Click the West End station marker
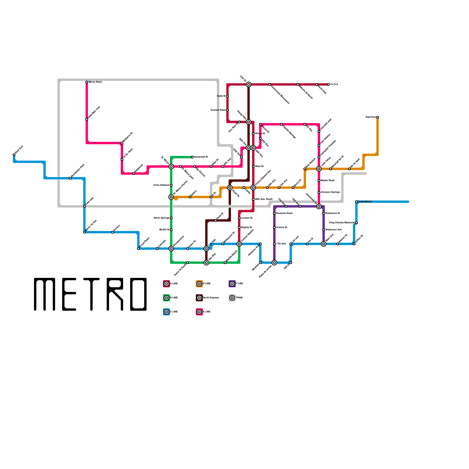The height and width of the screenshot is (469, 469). (14, 155)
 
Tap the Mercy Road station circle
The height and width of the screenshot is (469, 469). (87, 82)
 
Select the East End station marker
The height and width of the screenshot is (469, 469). (378, 117)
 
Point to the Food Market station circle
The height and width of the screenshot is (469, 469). (356, 202)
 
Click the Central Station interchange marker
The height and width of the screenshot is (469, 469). (239, 244)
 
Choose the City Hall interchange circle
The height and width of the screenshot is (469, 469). (206, 249)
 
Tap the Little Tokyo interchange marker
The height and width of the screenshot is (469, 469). (319, 169)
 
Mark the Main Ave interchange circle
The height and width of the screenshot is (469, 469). (324, 244)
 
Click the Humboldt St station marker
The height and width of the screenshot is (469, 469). (192, 157)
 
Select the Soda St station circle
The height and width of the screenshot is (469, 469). (227, 96)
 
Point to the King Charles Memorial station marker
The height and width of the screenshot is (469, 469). (356, 223)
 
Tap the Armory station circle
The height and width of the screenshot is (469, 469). (113, 232)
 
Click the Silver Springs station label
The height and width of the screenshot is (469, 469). (161, 218)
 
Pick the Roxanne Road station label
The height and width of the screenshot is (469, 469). (284, 213)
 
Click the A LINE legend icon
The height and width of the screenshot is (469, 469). (166, 284)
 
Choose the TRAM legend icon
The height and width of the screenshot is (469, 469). (232, 298)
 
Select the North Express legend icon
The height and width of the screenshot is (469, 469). (199, 298)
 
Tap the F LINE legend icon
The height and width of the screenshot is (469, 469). (232, 284)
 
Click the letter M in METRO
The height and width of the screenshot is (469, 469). (45, 294)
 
